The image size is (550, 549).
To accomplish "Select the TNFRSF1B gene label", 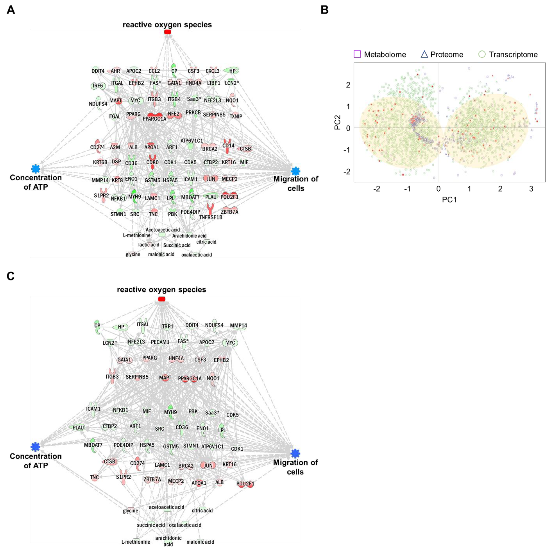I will point(211,217).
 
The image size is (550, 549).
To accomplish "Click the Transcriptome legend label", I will point(513,54).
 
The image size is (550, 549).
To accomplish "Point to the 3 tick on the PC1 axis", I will point(531,189).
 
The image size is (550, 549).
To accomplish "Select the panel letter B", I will point(325,10).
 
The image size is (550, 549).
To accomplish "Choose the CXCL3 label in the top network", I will point(212,71).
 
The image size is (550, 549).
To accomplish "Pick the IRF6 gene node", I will point(98,86).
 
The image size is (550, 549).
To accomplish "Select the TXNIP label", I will point(236,116).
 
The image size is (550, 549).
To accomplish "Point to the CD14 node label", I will point(228,146).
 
